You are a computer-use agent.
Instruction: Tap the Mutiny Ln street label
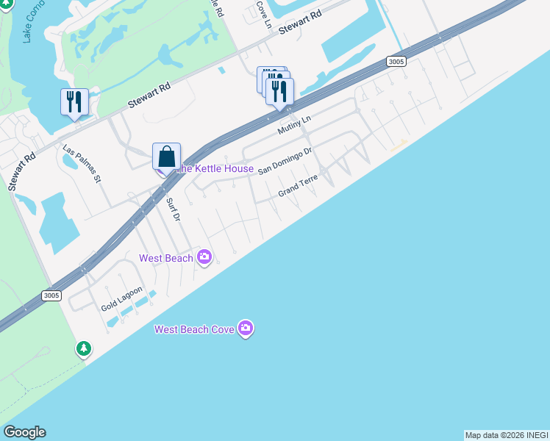coord(295,124)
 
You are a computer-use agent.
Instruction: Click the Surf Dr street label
coord(173,209)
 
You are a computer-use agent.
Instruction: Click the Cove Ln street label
coord(263,12)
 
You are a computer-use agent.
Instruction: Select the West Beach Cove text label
coord(194,329)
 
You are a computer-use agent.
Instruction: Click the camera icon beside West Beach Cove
coord(246,329)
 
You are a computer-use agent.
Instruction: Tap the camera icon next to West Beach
coord(204,257)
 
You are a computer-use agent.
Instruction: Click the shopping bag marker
coord(167,157)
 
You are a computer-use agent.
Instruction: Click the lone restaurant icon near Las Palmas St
coord(74,102)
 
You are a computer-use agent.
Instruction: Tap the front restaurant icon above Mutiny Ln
coord(279,92)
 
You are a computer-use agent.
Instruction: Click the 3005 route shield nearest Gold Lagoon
coord(51,295)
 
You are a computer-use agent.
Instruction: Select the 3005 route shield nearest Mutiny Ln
coord(396,62)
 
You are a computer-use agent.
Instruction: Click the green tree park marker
coord(84,348)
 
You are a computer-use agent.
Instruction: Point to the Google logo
coord(24,432)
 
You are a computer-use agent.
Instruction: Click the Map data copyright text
coord(507,435)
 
